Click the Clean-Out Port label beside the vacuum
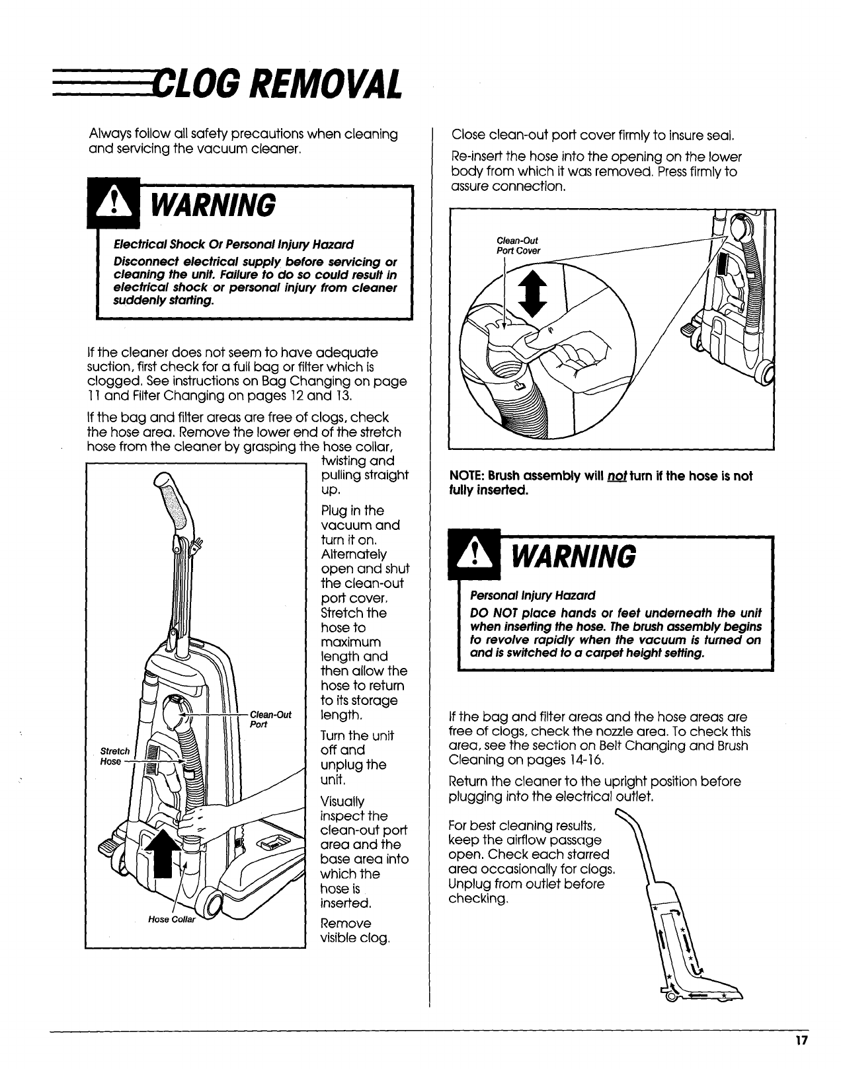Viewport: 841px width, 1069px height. (271, 719)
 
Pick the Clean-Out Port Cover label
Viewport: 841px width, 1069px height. (518, 246)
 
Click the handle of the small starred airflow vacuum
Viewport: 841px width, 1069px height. (637, 839)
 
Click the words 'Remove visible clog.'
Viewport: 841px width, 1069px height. (354, 930)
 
